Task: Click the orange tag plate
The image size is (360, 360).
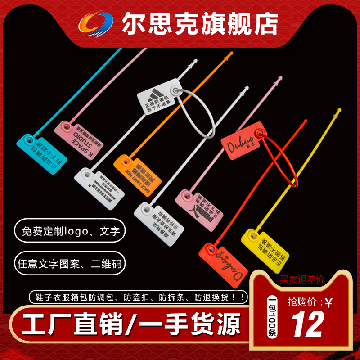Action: [138, 171]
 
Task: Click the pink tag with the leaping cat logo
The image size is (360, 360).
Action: [200, 207]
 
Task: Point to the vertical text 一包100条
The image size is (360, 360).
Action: [272, 319]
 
